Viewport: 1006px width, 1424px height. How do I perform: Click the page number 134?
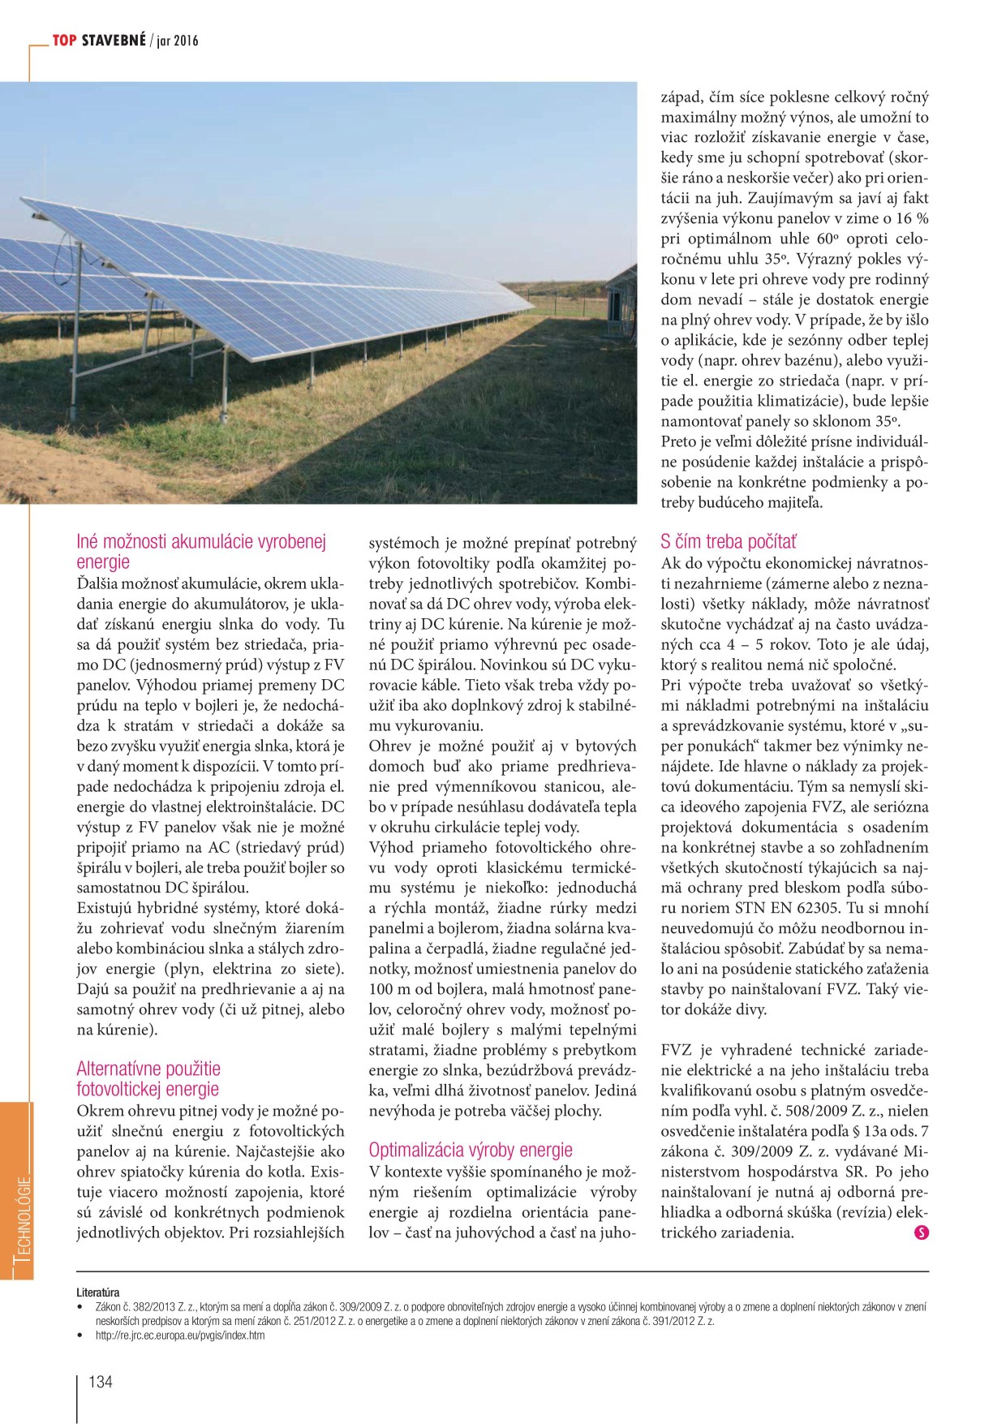click(x=101, y=1382)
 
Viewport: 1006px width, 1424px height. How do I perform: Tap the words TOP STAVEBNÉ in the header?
click(x=99, y=40)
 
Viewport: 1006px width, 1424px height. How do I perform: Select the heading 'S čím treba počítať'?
click(x=729, y=541)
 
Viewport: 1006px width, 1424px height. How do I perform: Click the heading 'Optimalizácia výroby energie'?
click(x=471, y=1150)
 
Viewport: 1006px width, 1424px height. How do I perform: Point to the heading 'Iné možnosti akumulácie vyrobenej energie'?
click(x=201, y=552)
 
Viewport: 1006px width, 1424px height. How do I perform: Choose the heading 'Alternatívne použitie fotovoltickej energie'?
click(x=148, y=1079)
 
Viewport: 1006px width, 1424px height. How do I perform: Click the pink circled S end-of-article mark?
click(x=921, y=1233)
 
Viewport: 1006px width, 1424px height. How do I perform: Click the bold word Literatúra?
click(x=97, y=1293)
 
